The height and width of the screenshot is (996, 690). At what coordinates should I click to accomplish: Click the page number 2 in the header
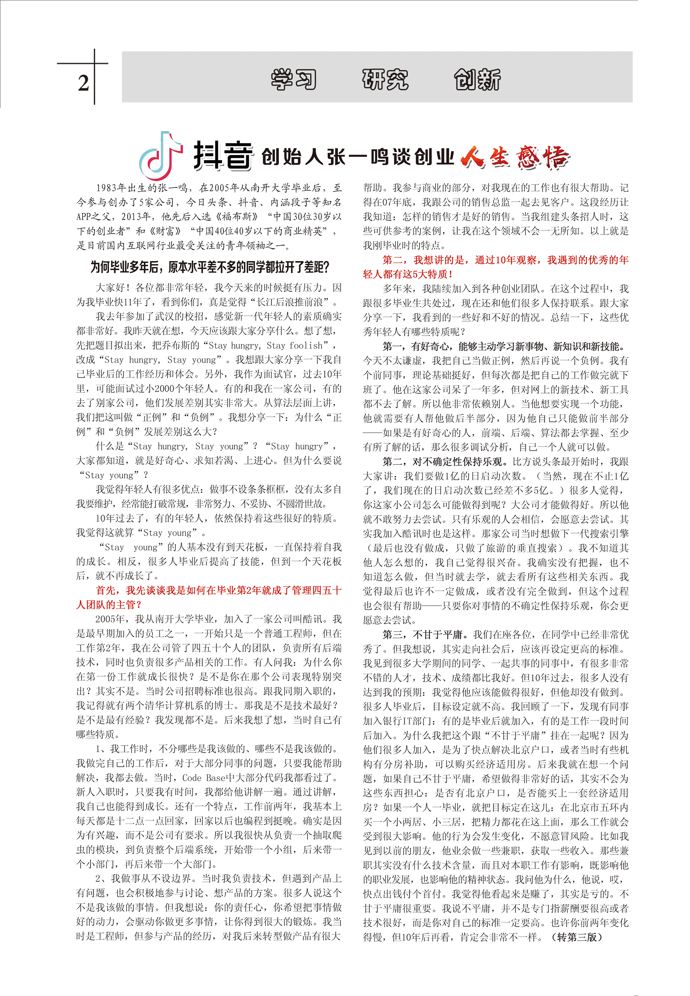[83, 83]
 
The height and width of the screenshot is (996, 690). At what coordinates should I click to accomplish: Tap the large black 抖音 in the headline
[223, 156]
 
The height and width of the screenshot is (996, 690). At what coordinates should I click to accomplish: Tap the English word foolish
[306, 345]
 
